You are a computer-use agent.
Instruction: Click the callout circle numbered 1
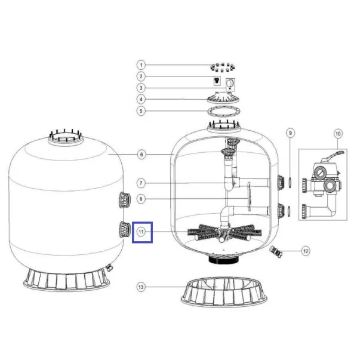point(141,65)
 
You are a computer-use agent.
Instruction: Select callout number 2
point(141,76)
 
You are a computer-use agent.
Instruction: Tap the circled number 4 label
point(141,100)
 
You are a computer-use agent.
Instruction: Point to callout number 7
point(141,183)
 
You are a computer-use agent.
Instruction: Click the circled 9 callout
point(290,133)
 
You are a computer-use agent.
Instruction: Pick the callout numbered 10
point(338,134)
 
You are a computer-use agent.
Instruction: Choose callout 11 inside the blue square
point(141,232)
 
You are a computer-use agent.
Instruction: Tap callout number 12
point(306,251)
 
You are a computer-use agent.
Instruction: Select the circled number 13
point(141,287)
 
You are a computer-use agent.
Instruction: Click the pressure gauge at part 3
point(230,85)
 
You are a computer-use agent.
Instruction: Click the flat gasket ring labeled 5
point(224,112)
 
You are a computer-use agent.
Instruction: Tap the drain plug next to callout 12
point(276,251)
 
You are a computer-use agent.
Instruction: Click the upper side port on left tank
point(125,200)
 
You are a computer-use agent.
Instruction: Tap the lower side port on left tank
point(125,229)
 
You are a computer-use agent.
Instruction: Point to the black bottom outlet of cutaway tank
point(224,260)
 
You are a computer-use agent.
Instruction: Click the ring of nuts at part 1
point(223,67)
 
